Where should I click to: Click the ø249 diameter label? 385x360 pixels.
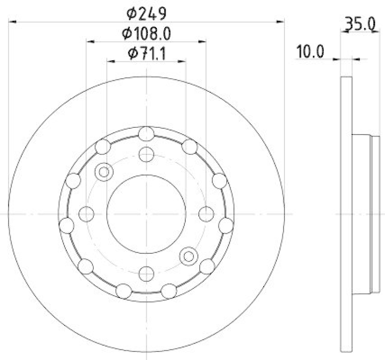[146, 13]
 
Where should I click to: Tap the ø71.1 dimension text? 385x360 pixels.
[146, 54]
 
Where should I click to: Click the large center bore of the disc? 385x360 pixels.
[146, 213]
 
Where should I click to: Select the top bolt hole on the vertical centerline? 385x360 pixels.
[146, 154]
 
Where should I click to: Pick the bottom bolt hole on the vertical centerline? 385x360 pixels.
[146, 273]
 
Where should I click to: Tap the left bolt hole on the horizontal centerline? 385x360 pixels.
[86, 213]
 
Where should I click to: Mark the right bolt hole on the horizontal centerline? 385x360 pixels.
[206, 213]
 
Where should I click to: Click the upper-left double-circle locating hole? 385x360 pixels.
[103, 172]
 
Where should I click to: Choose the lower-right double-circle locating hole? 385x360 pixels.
[188, 256]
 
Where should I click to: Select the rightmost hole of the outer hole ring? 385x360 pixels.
[226, 225]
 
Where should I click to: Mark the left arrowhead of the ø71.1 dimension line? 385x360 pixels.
[110, 61]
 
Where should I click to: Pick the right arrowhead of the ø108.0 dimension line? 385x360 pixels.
[204, 42]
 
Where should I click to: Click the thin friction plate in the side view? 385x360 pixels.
[346, 213]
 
